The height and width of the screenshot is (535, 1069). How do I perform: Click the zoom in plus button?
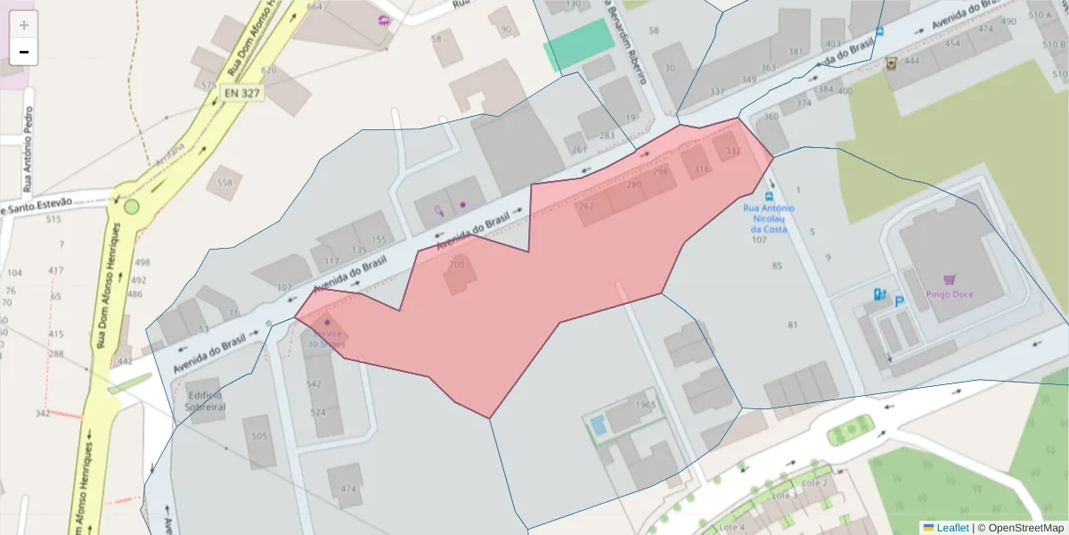pos(24,25)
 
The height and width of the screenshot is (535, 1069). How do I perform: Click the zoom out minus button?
pos(24,52)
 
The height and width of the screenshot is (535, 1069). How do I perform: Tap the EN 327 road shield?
pos(242,91)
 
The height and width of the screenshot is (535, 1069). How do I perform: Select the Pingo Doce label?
pos(949,294)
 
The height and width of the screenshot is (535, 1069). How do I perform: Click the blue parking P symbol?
pos(899,301)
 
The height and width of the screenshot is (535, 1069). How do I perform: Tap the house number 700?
pos(456,265)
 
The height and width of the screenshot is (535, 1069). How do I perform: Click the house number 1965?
pos(646,405)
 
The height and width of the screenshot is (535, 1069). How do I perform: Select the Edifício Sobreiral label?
pos(205,400)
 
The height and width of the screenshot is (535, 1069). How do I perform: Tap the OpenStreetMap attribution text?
pos(1020,528)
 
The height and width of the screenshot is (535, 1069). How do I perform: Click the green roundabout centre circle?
pos(132,207)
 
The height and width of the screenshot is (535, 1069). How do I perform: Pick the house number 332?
pos(732,152)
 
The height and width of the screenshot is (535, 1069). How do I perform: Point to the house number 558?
pos(224,183)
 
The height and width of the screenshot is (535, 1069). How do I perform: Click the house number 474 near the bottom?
pos(347,489)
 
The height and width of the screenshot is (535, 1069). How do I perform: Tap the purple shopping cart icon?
pos(950,279)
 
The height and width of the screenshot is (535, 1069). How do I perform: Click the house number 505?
pos(259,436)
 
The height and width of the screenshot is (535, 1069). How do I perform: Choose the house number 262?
pos(586,206)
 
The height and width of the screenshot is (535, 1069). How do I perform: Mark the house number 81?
pos(793,325)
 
